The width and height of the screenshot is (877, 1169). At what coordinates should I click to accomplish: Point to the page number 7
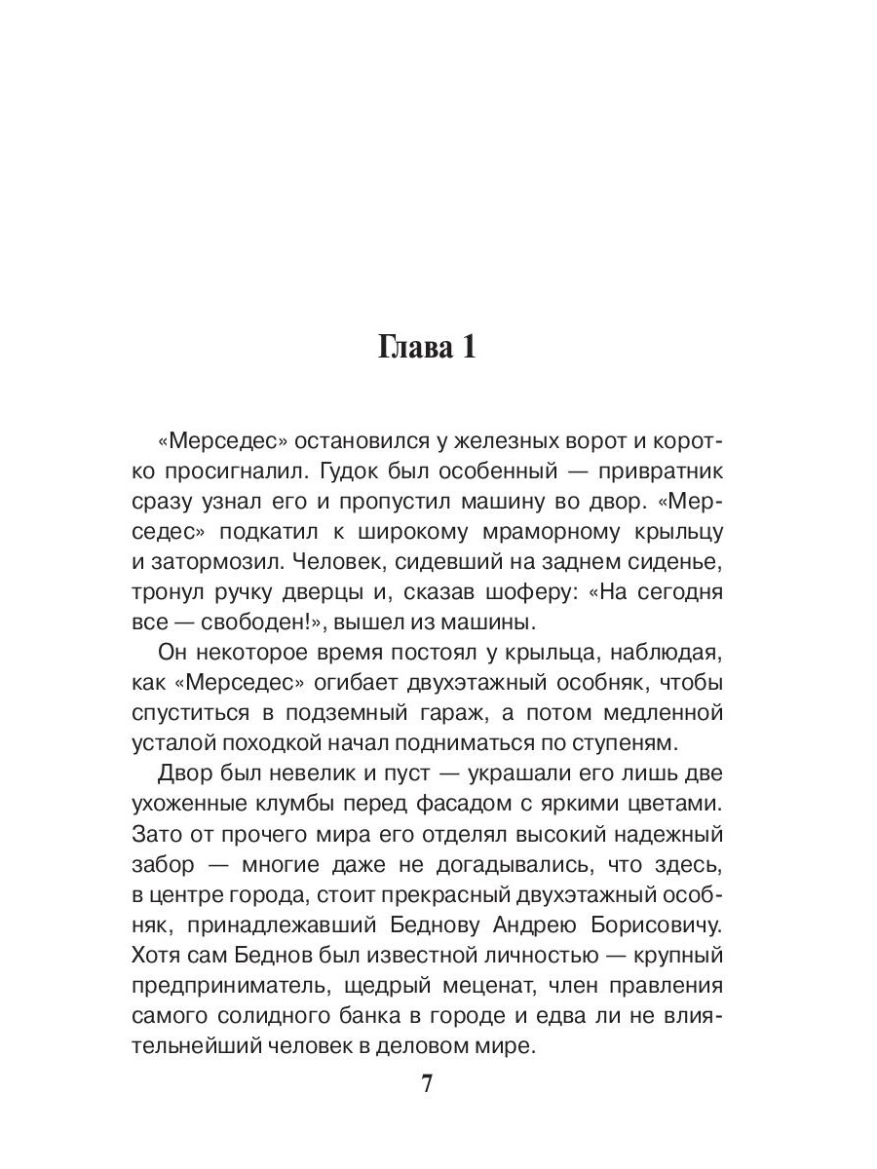pyautogui.click(x=426, y=1085)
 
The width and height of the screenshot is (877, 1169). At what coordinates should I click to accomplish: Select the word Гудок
pyautogui.click(x=336, y=471)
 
